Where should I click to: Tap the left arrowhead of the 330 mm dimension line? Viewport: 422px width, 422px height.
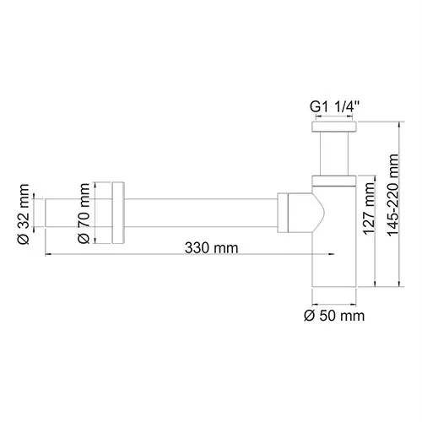coord(48,257)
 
